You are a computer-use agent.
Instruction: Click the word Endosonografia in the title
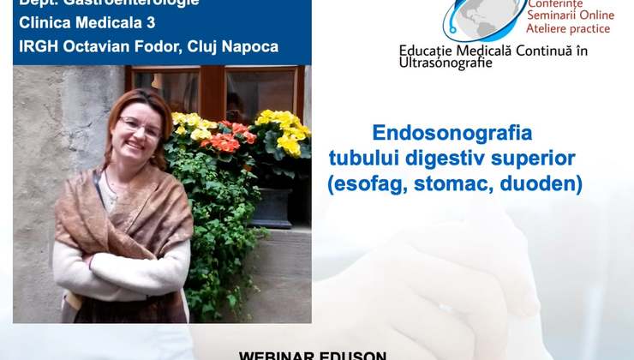[x=452, y=133]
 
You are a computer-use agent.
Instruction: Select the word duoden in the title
[x=544, y=183]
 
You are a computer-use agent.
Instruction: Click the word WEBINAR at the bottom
[x=275, y=354]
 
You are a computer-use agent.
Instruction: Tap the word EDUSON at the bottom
[x=353, y=354]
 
